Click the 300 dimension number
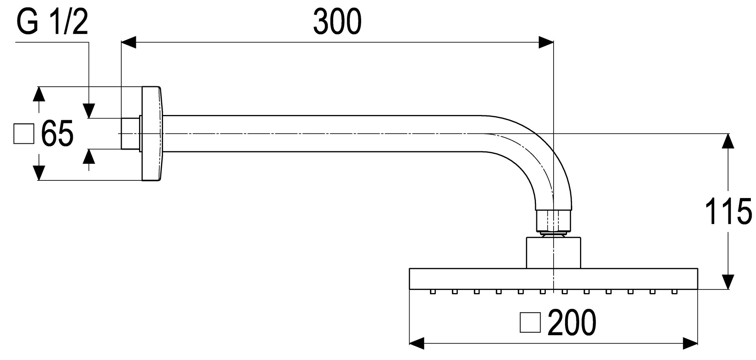337,22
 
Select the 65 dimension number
57,134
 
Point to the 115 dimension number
728,212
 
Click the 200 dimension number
572,323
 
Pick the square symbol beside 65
24,134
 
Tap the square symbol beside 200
530,323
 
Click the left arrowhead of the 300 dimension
128,43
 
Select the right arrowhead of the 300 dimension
546,43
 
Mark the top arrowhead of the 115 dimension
728,141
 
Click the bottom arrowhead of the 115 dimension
728,282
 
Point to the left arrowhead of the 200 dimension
417,343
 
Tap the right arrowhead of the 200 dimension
690,343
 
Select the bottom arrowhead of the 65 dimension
38,173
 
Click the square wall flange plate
152,134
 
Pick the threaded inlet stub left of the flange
130,134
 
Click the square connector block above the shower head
553,252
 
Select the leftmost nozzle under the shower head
433,292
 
